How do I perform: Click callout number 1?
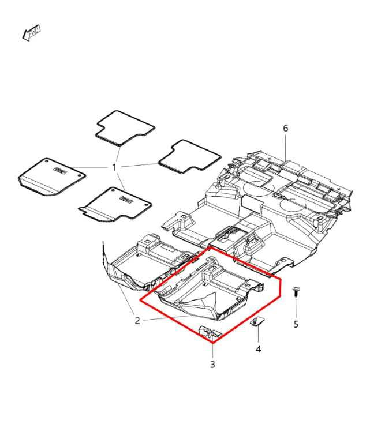coord(114,167)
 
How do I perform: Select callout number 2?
coord(137,321)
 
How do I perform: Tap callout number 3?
coord(212,364)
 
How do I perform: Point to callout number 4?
coord(258,349)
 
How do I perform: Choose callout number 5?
coord(296,324)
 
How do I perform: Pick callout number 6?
coord(285,127)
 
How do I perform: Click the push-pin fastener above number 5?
coord(296,290)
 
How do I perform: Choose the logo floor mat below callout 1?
coord(115,204)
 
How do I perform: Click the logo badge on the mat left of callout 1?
coord(61,168)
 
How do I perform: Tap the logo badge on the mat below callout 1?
coord(126,199)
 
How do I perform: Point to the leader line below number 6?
coord(286,148)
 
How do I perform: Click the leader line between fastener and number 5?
coord(296,306)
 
